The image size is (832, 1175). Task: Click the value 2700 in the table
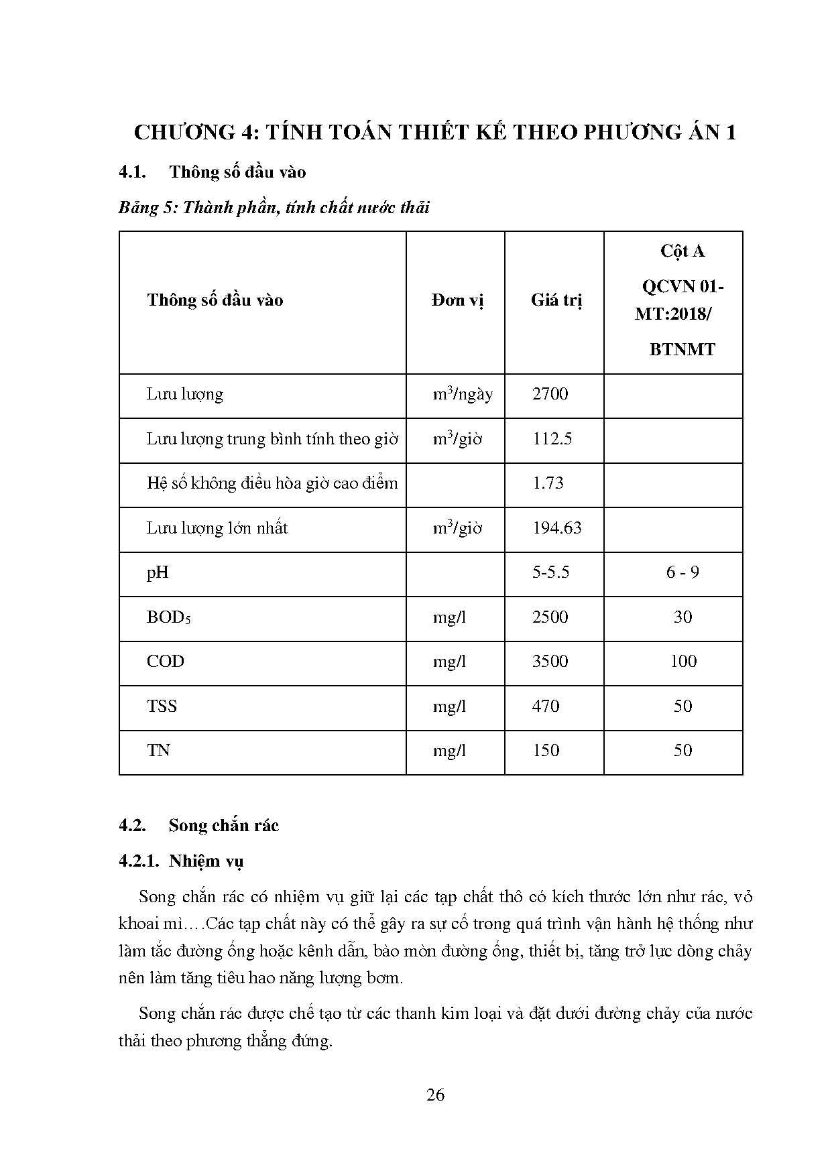[550, 394]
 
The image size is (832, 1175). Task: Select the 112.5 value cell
[552, 439]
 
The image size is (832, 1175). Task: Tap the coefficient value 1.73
[548, 483]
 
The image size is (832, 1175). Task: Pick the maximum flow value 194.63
[556, 528]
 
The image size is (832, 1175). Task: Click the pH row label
[158, 572]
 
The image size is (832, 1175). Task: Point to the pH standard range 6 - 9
[682, 572]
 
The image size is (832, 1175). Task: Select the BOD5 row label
[168, 617]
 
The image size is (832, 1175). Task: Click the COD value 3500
[550, 662]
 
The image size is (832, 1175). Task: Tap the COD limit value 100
[682, 662]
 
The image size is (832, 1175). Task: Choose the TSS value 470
[546, 706]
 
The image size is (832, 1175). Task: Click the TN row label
[158, 751]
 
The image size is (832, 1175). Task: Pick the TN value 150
[546, 751]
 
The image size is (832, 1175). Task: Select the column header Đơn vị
[457, 300]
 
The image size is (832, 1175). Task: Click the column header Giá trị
[556, 300]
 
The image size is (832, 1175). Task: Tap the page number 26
[435, 1095]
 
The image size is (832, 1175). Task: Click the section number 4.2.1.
[138, 861]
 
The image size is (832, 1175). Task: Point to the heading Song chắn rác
[223, 825]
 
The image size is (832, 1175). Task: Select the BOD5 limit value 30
[682, 617]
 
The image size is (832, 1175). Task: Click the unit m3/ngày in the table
[463, 394]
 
